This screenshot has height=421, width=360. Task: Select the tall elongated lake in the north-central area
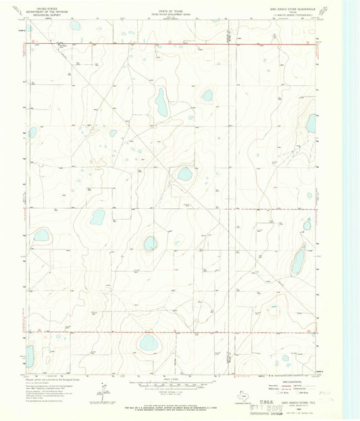tap(161, 101)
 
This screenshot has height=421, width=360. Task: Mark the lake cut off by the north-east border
tap(311, 123)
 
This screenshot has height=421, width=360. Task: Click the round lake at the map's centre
tap(184, 174)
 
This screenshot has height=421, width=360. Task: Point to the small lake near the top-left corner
tap(74, 26)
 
